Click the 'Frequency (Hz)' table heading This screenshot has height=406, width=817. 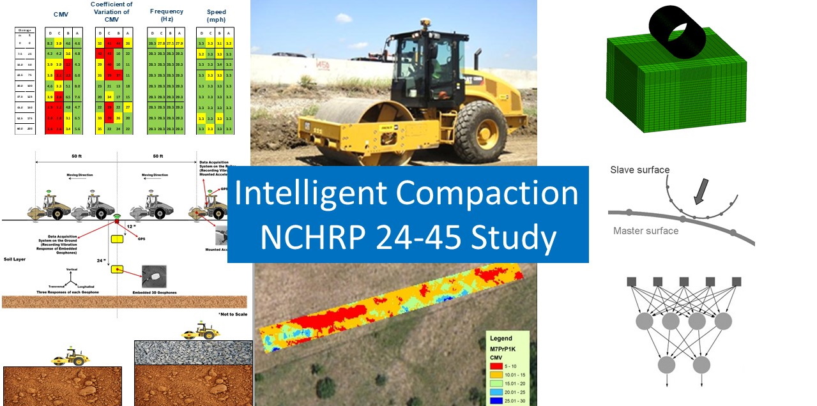pos(166,15)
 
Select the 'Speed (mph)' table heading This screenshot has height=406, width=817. pos(216,15)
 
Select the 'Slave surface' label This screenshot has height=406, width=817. pos(639,170)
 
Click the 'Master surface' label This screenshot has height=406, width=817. pos(645,230)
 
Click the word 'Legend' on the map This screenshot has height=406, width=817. pos(501,338)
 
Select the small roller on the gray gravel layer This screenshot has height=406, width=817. pos(201,331)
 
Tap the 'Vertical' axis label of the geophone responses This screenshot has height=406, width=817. pos(72,269)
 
